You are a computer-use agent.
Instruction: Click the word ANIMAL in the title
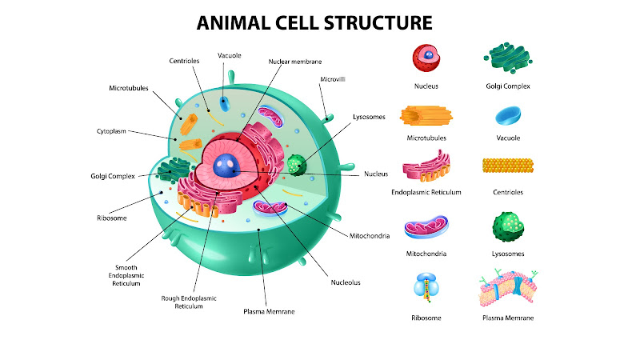click(234, 23)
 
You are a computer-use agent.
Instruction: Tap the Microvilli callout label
click(333, 79)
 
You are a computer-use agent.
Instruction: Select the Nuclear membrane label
click(295, 62)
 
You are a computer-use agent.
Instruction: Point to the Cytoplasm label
click(111, 131)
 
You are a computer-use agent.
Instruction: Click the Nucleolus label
click(346, 282)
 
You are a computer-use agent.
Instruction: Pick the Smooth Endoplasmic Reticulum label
click(126, 275)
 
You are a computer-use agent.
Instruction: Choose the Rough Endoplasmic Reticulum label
click(189, 302)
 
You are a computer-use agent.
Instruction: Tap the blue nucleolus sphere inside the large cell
click(226, 166)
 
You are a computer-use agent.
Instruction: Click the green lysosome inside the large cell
click(297, 165)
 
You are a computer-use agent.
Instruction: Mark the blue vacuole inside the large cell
click(225, 104)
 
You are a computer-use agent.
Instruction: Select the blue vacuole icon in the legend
click(508, 115)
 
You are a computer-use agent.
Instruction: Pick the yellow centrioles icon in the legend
click(508, 166)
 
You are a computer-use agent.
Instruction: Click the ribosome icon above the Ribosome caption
click(426, 287)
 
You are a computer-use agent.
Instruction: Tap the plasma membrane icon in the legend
click(508, 287)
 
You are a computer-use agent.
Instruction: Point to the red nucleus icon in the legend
click(426, 58)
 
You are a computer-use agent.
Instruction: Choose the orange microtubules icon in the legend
click(426, 115)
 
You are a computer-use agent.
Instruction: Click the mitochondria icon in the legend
click(426, 226)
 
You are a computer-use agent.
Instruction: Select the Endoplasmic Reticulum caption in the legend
click(426, 192)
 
